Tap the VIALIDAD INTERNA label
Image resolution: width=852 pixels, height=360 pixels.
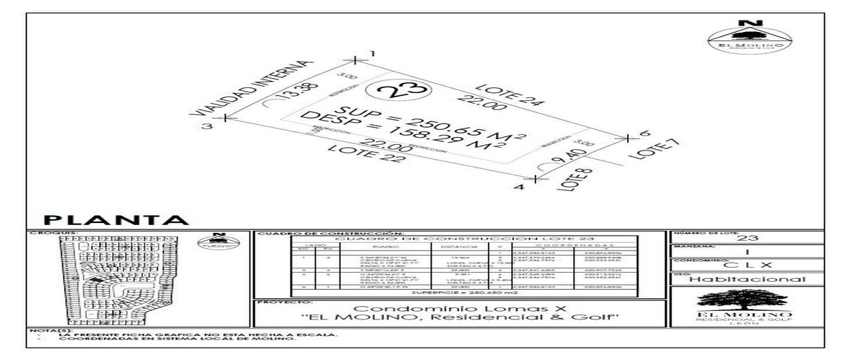[x=253, y=87]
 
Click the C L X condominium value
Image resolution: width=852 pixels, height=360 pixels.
[x=745, y=264]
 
